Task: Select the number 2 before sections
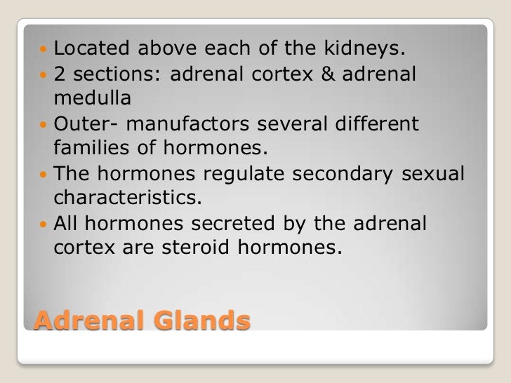pos(59,74)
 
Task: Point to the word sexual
pos(433,173)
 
